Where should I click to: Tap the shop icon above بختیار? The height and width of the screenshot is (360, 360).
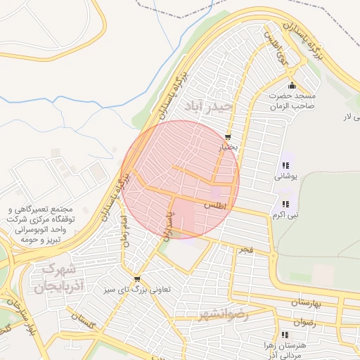[x=228, y=136]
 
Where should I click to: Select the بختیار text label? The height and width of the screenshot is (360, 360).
[x=231, y=148]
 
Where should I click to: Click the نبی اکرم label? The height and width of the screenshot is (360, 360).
[x=285, y=214]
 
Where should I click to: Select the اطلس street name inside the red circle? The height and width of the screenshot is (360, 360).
[x=216, y=205]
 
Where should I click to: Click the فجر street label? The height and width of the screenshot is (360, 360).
[x=245, y=249]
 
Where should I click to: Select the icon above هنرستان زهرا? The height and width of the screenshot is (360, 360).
[x=284, y=335]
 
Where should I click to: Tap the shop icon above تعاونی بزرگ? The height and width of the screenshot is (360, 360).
[x=136, y=278]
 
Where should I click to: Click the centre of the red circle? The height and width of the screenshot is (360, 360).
[x=181, y=179]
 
